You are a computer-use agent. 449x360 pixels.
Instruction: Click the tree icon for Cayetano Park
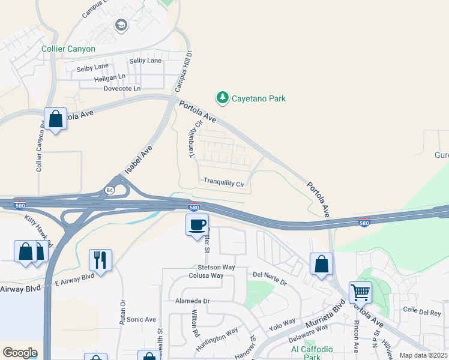click(x=223, y=98)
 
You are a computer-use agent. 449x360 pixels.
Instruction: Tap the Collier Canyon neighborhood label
click(x=68, y=49)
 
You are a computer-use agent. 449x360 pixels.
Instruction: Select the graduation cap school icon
click(x=121, y=25)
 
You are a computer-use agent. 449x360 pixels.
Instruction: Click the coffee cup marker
click(x=197, y=226)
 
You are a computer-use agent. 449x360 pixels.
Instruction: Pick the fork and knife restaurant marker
click(x=100, y=260)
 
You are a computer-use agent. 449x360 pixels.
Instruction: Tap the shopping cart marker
click(x=360, y=293)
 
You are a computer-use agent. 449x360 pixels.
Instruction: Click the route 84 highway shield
click(x=109, y=190)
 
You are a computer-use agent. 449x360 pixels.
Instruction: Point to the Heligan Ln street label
click(x=110, y=77)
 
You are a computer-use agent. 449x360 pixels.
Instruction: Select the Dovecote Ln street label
click(x=122, y=88)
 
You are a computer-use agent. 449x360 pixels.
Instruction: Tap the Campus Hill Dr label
click(x=182, y=71)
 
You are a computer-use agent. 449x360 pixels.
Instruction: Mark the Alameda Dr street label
click(x=192, y=301)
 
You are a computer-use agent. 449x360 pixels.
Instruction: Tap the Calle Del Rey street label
click(x=422, y=311)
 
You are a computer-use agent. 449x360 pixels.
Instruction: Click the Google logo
click(x=20, y=353)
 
